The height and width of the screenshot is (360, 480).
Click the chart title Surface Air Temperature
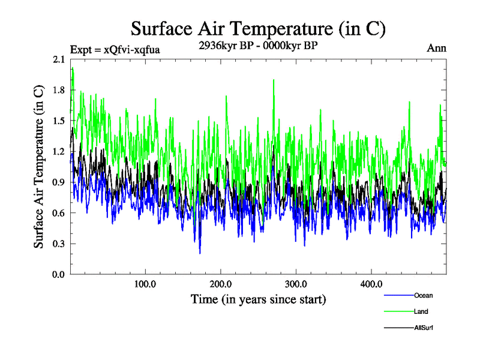pyautogui.click(x=258, y=28)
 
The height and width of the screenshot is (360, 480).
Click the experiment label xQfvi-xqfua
pyautogui.click(x=115, y=49)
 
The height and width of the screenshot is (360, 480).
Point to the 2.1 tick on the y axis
pyautogui.click(x=59, y=59)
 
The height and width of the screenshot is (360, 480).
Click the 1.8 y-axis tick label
pyautogui.click(x=59, y=90)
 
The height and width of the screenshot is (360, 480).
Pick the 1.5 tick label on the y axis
pyautogui.click(x=59, y=121)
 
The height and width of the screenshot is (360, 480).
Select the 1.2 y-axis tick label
pyautogui.click(x=59, y=151)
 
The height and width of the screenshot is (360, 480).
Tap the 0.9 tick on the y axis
pyautogui.click(x=59, y=182)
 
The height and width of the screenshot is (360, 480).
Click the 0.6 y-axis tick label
pyautogui.click(x=59, y=213)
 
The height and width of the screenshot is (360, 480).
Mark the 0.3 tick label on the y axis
pyautogui.click(x=59, y=244)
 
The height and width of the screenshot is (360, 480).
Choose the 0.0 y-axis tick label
pyautogui.click(x=59, y=274)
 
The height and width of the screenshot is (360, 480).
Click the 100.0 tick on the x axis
pyautogui.click(x=145, y=284)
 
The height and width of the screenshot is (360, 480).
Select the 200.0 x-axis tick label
pyautogui.click(x=221, y=284)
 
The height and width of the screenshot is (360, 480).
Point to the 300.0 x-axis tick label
pyautogui.click(x=296, y=284)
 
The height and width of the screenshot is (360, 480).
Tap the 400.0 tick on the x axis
pyautogui.click(x=371, y=284)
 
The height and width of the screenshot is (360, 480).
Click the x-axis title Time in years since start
pyautogui.click(x=258, y=299)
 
